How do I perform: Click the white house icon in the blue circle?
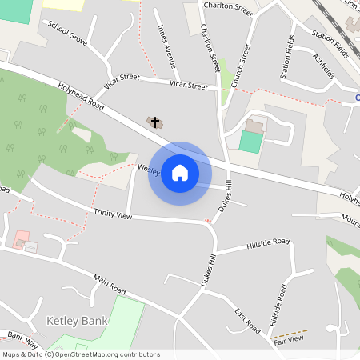point(180,173)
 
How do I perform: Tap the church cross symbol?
point(155,122)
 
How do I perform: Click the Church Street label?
point(235,66)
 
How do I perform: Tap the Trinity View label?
point(113,215)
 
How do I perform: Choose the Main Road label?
point(110,283)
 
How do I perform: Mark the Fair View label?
point(289,339)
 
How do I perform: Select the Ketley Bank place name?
point(77,320)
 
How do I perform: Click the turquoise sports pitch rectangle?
point(250,142)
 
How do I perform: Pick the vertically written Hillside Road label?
point(277,306)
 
